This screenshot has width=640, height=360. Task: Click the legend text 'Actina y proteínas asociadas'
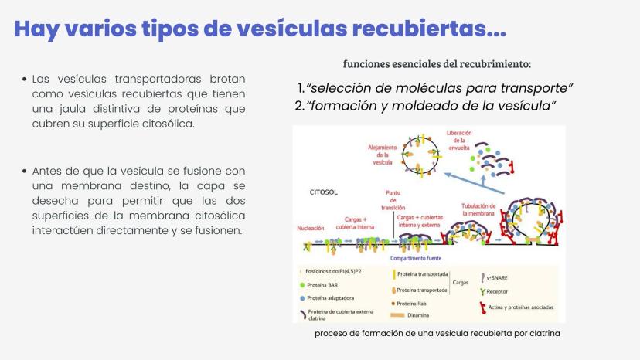point(521,306)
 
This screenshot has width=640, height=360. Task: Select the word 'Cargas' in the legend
point(461,283)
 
